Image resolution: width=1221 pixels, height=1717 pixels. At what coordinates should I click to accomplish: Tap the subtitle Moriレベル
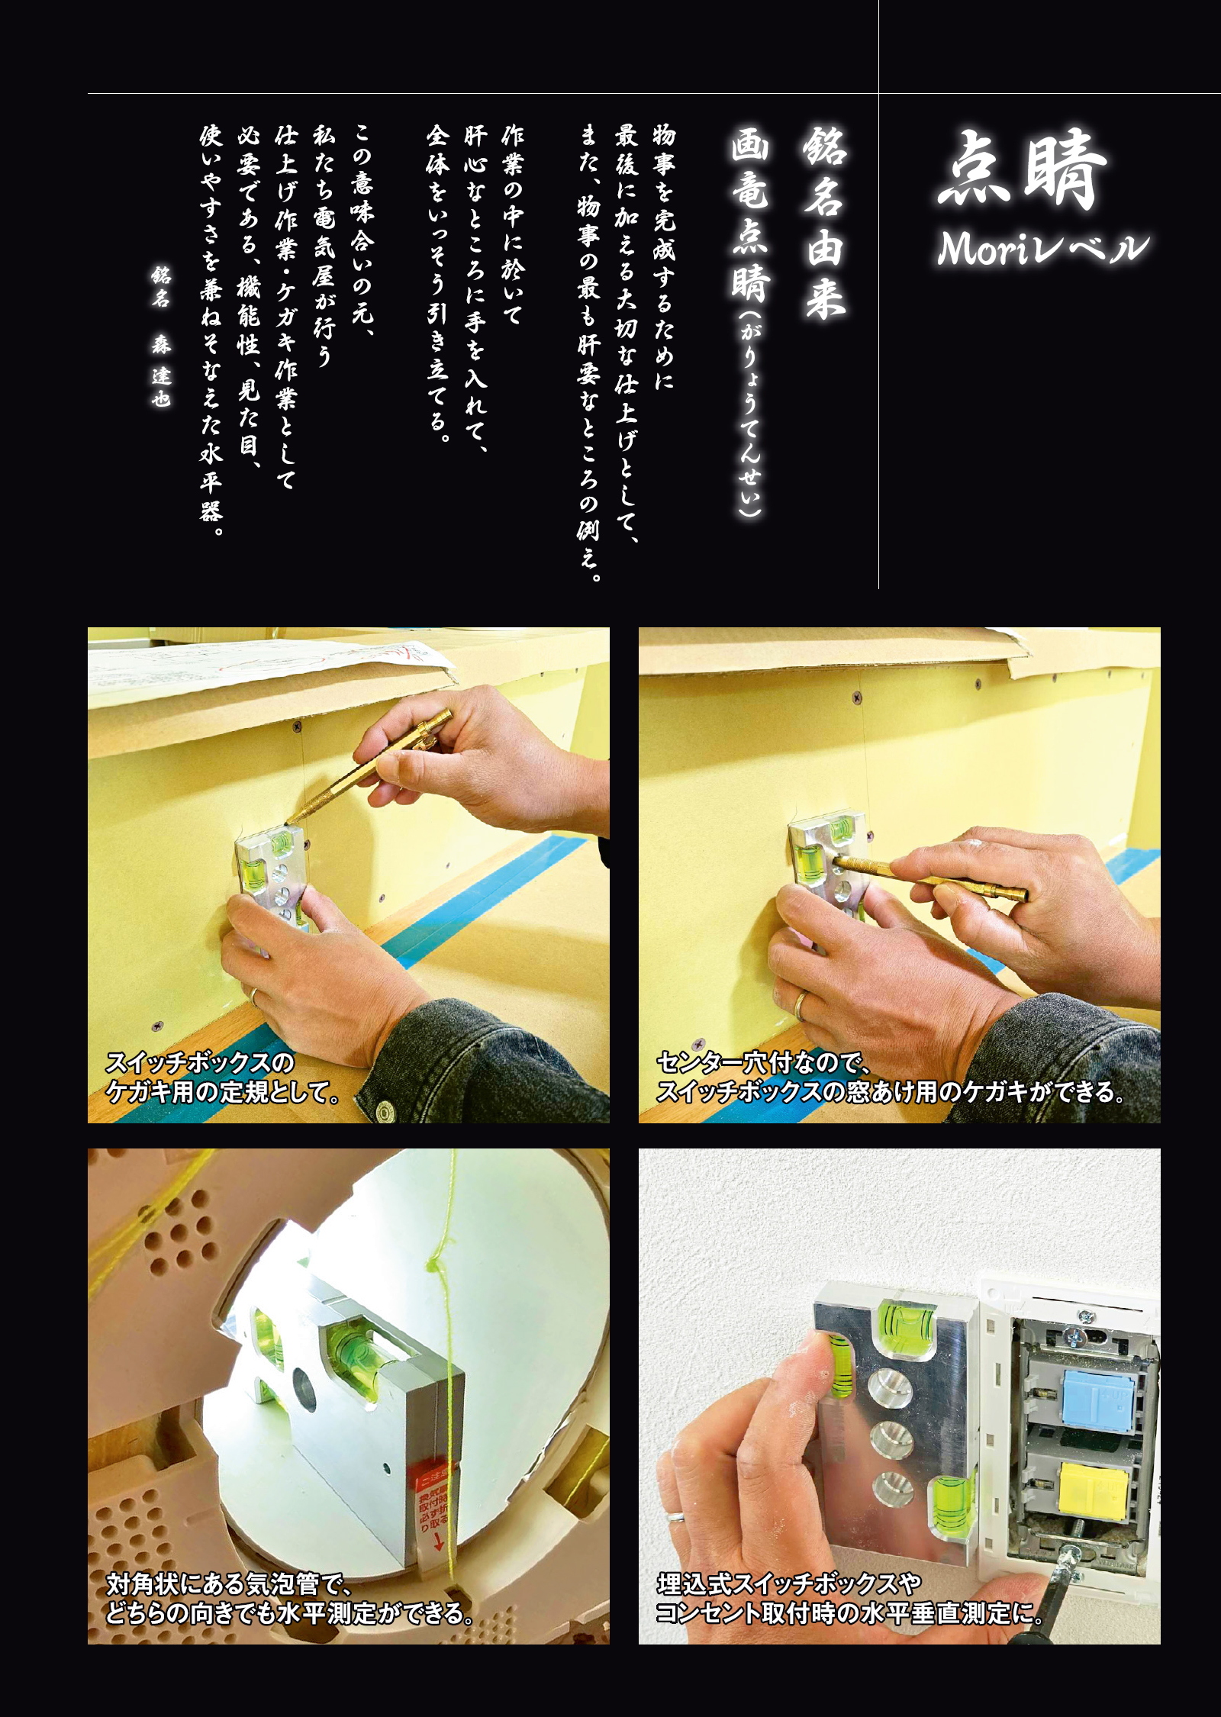coord(1042,249)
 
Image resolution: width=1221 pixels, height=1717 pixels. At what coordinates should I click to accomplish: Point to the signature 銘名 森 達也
coord(160,336)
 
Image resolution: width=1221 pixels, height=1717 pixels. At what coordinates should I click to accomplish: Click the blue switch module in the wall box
coord(1092,1397)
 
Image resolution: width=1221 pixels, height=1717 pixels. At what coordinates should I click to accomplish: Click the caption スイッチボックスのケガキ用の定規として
coord(221,1077)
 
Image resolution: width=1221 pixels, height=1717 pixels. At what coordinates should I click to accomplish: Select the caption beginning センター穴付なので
coord(889,1077)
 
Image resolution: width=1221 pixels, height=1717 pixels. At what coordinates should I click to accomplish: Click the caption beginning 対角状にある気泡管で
coord(290,1599)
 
